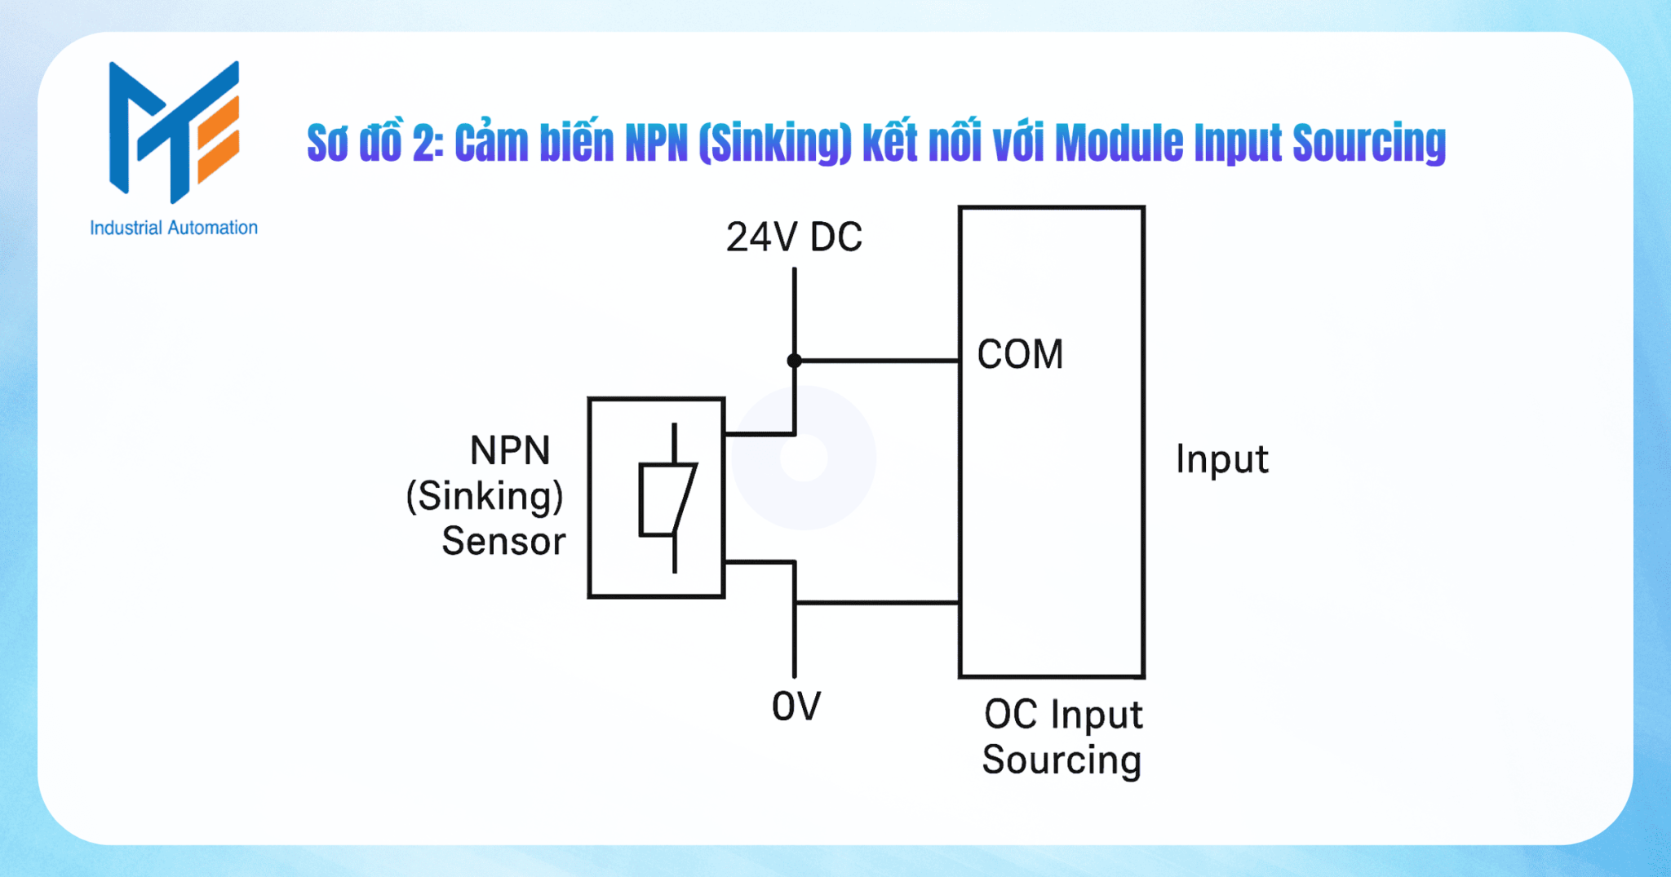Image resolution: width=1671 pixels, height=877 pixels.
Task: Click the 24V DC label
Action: point(793,237)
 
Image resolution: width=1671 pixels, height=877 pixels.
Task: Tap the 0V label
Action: point(796,706)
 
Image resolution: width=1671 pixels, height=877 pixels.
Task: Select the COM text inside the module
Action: point(1020,355)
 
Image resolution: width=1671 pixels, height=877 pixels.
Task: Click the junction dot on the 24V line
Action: point(794,361)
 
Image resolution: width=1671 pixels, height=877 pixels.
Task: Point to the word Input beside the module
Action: point(1221,459)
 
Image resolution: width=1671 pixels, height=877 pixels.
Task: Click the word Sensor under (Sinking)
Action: point(503,542)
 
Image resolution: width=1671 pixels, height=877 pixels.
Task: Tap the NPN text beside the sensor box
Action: point(510,450)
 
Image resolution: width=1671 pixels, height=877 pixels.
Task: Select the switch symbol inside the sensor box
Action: point(667,498)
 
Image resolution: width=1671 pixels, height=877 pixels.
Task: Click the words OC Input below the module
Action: point(1062,715)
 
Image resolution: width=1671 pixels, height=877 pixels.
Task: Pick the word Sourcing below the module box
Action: point(1061,760)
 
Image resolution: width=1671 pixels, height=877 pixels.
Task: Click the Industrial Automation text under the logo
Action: point(174,228)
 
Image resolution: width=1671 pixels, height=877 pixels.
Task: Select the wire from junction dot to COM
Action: point(877,361)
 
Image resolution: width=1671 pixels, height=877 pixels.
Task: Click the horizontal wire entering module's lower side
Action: point(877,603)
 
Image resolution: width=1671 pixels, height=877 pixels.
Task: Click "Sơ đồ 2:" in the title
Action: point(375,144)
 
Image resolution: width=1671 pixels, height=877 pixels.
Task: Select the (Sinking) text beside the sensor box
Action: point(485,496)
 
